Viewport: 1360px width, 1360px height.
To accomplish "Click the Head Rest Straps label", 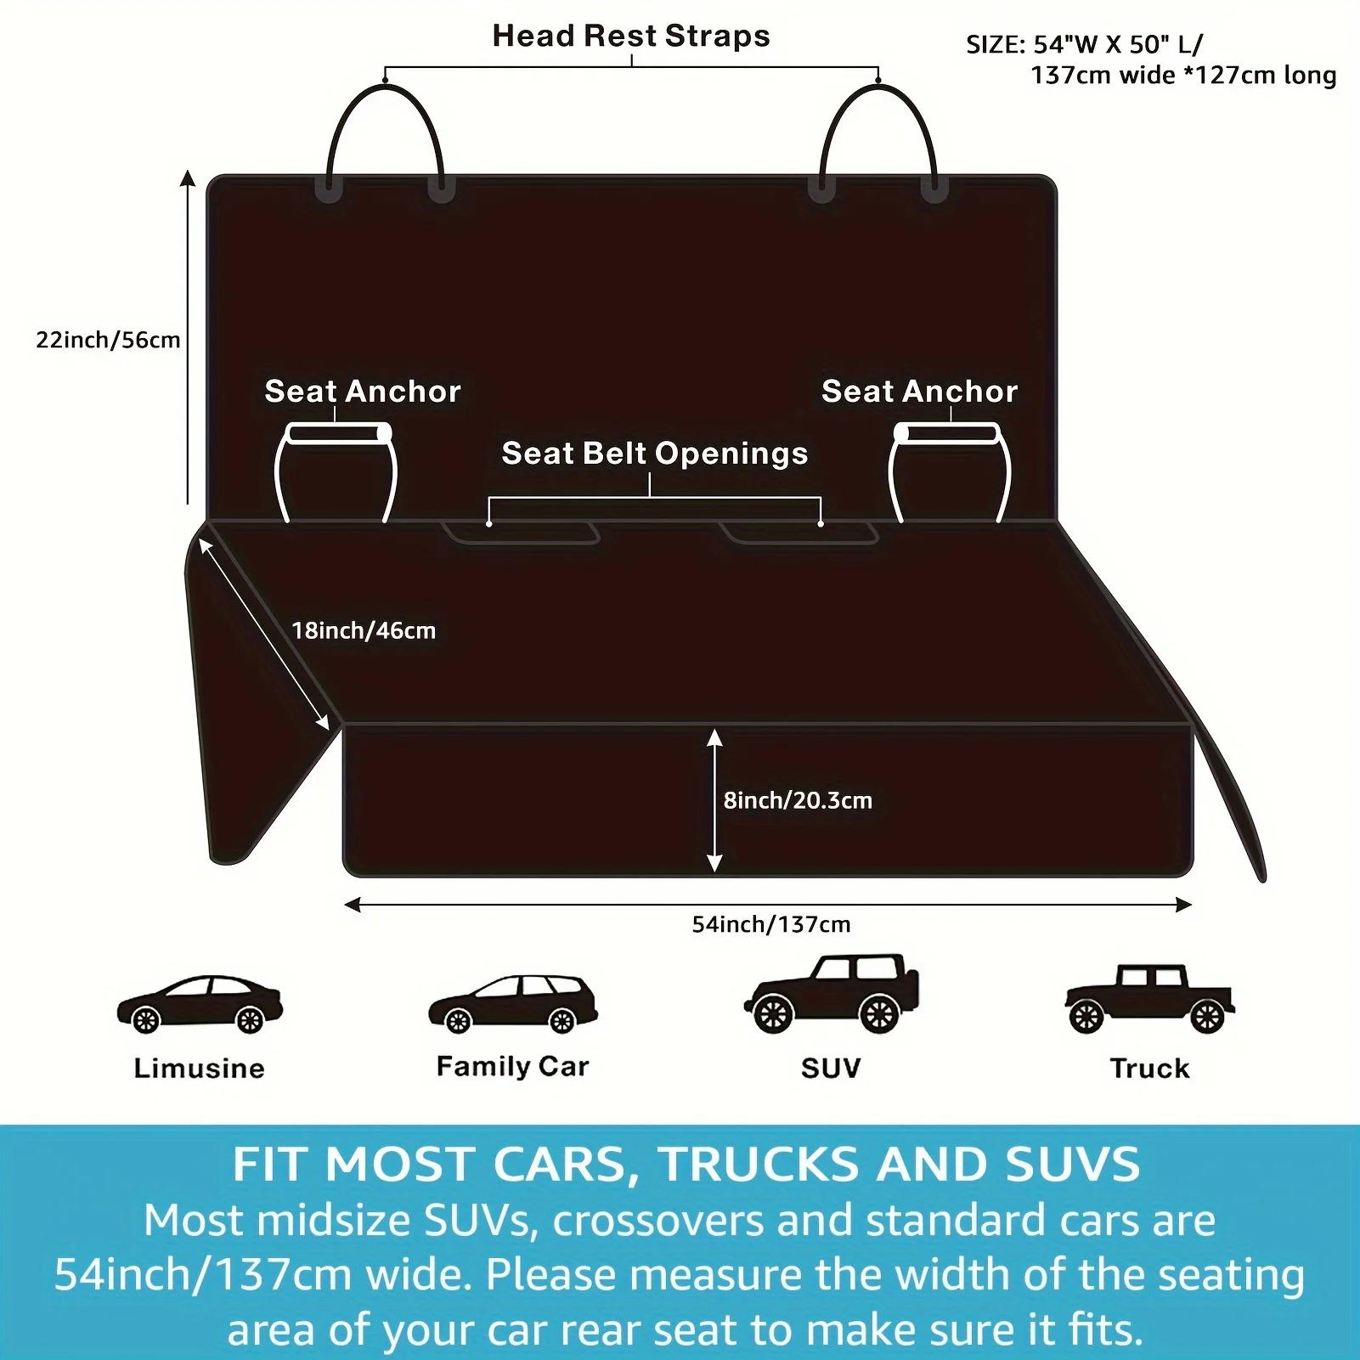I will pyautogui.click(x=631, y=36).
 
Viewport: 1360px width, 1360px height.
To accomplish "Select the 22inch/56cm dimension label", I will pyautogui.click(x=108, y=340).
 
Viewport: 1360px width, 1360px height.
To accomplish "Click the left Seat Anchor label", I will pyautogui.click(x=363, y=391).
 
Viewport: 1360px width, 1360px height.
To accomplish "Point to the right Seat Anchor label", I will pyautogui.click(x=919, y=391).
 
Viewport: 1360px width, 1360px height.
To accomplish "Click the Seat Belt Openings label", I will pyautogui.click(x=654, y=453).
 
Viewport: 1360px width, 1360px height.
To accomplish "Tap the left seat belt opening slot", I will pyautogui.click(x=521, y=533).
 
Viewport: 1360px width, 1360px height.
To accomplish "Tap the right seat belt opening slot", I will pyautogui.click(x=799, y=533).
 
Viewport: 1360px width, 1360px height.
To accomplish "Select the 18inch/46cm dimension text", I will pyautogui.click(x=364, y=630).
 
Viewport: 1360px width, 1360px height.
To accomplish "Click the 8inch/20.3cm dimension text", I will pyautogui.click(x=798, y=800).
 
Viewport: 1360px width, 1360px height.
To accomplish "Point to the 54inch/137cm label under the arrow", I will pyautogui.click(x=771, y=924).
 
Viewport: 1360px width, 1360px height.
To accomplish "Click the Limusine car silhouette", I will pyautogui.click(x=200, y=1004).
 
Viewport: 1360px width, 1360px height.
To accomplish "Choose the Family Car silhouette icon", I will pyautogui.click(x=513, y=1004).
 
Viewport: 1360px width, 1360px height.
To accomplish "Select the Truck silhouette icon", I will pyautogui.click(x=1149, y=999).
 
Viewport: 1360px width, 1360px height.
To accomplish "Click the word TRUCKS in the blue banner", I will pyautogui.click(x=759, y=1164).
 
